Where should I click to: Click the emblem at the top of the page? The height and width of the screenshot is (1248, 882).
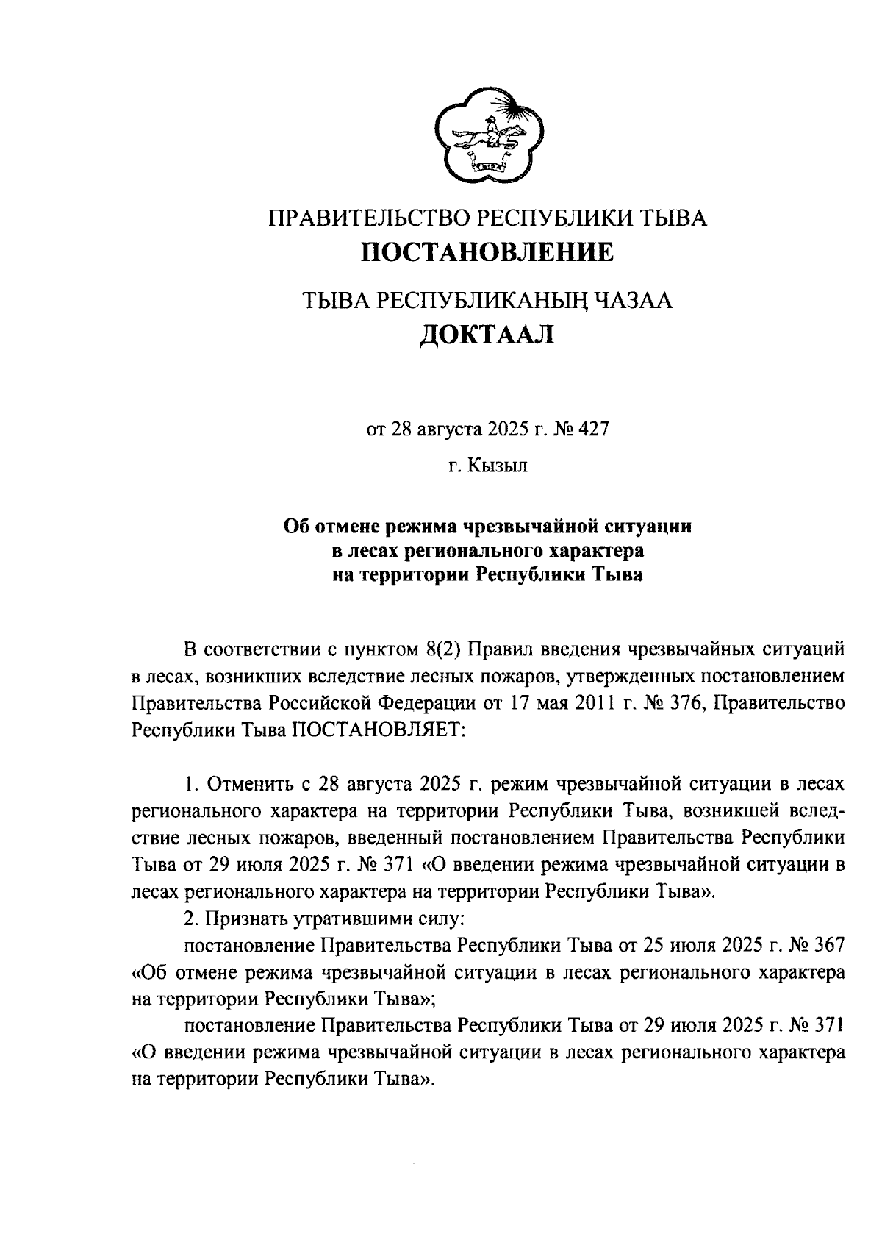point(487,136)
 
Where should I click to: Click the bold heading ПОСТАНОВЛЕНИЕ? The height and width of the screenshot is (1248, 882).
point(487,253)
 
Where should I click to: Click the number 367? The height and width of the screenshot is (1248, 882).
point(825,945)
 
